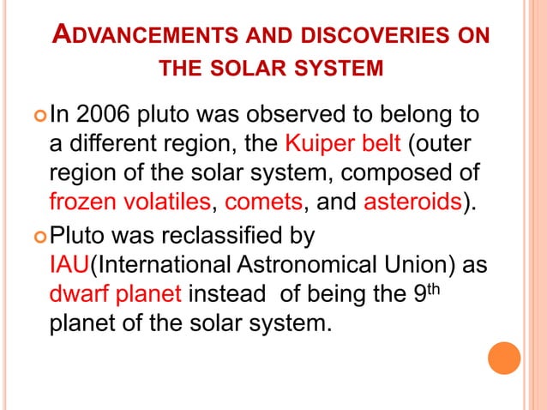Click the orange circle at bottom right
coord(505,358)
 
